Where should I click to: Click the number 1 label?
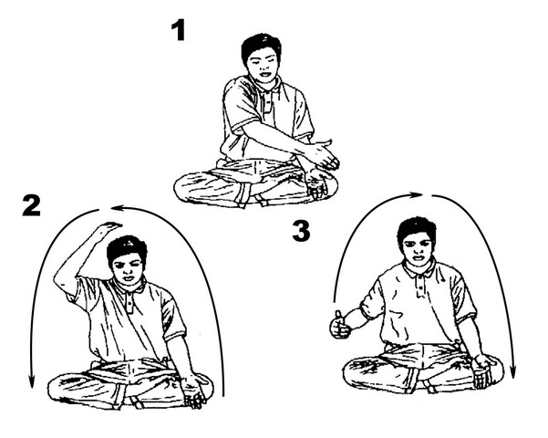click(179, 30)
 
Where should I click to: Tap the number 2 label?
click(31, 205)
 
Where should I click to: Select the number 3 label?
click(301, 231)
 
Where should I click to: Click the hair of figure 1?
click(261, 47)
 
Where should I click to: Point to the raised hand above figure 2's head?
click(109, 226)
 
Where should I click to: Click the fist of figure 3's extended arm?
click(339, 326)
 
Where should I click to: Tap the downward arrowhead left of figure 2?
click(31, 381)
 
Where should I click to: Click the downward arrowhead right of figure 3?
click(513, 372)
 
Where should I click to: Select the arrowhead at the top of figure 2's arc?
click(116, 209)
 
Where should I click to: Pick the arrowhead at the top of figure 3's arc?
click(418, 195)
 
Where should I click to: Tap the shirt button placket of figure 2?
click(129, 303)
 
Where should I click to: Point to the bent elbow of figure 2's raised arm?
click(60, 280)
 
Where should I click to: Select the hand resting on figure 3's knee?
click(483, 370)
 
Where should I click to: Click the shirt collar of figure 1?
click(265, 86)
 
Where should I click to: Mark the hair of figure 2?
click(127, 250)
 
